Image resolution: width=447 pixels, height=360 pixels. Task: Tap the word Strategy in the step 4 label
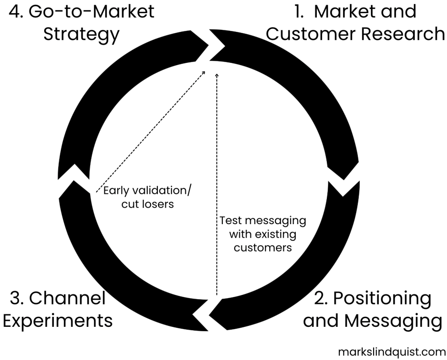click(x=81, y=34)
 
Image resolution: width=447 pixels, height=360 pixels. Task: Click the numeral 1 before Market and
click(x=298, y=11)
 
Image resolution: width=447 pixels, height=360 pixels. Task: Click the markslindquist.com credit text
click(x=392, y=351)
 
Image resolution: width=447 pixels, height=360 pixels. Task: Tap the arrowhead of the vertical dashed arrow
click(x=217, y=76)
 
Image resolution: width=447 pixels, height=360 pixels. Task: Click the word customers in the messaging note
click(x=263, y=247)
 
